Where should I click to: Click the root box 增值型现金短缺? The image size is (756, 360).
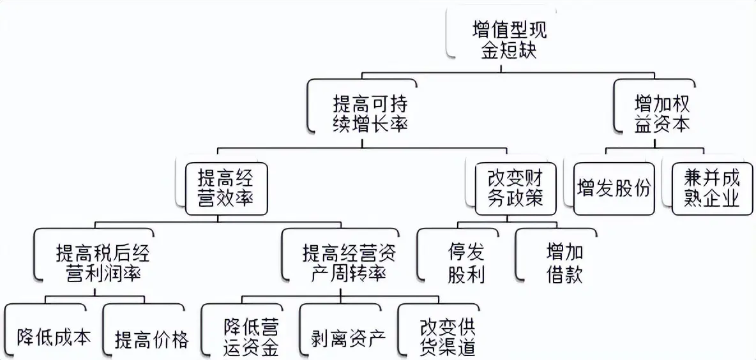509,40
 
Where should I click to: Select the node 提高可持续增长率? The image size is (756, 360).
370,113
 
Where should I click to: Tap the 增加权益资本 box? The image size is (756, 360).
661,113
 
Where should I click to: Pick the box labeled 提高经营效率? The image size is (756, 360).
225,188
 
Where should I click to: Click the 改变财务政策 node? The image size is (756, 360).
514,188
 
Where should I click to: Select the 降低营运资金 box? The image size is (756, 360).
250,337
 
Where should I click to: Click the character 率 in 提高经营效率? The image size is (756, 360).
243,198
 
